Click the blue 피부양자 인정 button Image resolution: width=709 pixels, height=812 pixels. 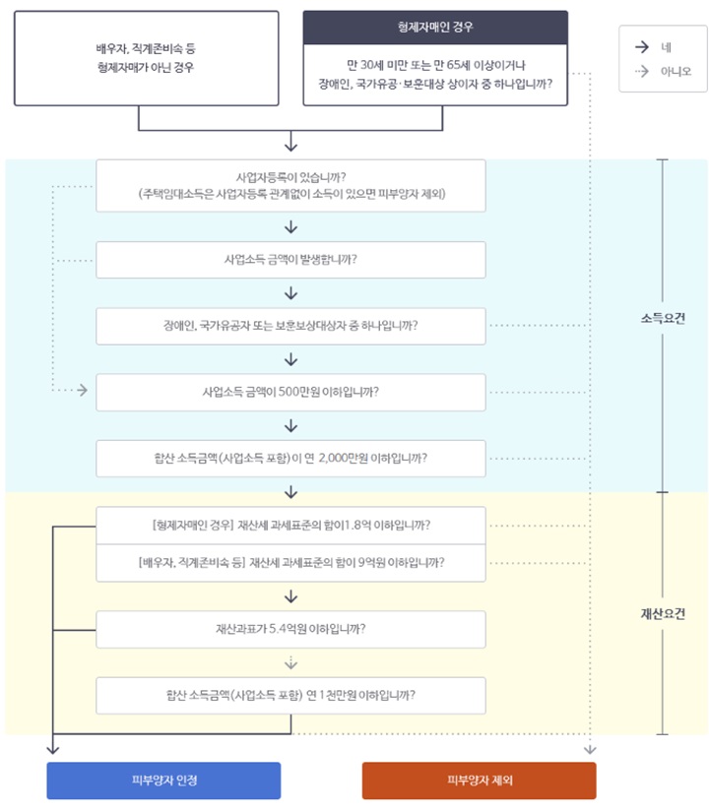click(163, 780)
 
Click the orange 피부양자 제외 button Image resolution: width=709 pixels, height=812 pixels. click(479, 780)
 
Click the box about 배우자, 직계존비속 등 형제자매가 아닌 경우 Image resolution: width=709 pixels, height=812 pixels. click(146, 57)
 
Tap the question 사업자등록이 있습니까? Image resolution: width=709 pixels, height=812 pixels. click(290, 185)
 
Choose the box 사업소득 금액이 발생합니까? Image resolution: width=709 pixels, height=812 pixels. click(290, 260)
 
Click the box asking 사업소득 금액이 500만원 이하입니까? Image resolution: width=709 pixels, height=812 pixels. click(290, 391)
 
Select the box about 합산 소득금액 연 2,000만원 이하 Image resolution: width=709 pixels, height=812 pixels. click(290, 458)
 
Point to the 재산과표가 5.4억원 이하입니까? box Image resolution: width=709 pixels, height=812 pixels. click(290, 628)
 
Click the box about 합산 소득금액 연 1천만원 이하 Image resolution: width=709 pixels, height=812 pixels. click(290, 694)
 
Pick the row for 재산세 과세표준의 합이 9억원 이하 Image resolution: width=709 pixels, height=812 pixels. click(290, 562)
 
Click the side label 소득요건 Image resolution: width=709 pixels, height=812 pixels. click(661, 319)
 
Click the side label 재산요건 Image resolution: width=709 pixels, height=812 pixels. click(661, 613)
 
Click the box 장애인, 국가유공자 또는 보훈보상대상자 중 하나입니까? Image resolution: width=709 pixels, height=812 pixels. click(290, 326)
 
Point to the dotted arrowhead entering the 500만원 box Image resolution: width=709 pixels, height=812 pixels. click(82, 391)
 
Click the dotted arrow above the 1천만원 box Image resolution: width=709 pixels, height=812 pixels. click(290, 661)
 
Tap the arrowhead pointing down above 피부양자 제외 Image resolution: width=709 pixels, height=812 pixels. click(590, 750)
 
